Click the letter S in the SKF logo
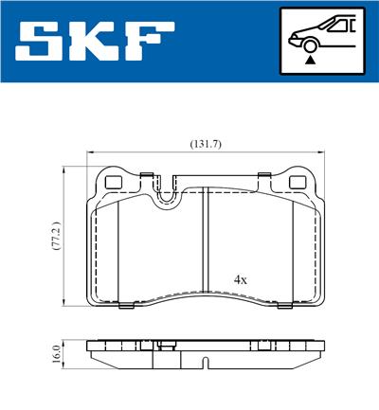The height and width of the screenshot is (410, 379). click(x=40, y=42)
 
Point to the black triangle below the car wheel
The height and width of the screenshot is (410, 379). click(x=310, y=59)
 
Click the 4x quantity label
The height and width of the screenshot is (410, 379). click(x=241, y=280)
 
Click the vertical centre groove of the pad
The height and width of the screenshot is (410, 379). click(x=206, y=246)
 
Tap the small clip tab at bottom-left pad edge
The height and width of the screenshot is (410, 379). click(x=126, y=306)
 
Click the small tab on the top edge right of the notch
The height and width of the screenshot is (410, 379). click(x=260, y=173)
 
